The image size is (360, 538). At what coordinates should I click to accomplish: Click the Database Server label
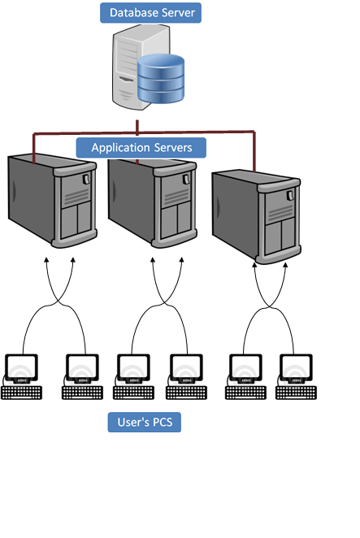click(x=150, y=13)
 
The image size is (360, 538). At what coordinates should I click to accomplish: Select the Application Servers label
click(x=141, y=148)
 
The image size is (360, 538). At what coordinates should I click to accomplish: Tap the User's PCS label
click(x=145, y=423)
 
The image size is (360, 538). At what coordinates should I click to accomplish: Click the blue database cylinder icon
click(x=160, y=80)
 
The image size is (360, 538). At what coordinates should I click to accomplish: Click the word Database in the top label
click(x=132, y=13)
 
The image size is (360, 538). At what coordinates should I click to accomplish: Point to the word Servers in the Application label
click(x=172, y=148)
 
